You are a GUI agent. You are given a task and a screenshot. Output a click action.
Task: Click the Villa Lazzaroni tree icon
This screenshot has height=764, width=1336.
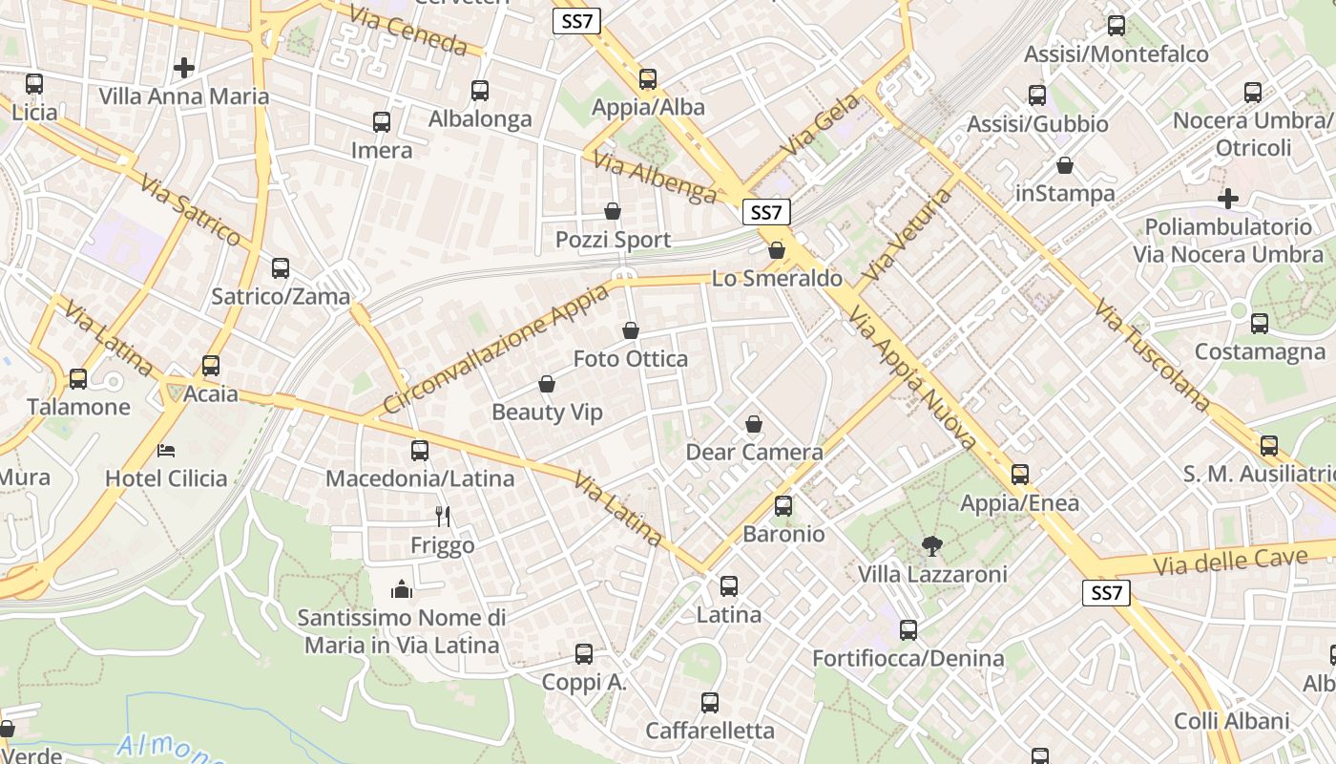click(931, 546)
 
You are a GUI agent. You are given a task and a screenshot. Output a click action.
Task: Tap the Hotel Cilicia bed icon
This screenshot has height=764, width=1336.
click(166, 449)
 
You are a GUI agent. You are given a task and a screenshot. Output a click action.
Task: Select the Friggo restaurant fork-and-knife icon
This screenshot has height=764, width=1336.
click(443, 517)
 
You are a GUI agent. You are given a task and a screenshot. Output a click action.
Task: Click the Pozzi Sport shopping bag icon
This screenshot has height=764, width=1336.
click(613, 211)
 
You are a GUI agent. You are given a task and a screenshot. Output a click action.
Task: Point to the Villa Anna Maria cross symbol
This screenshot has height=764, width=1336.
click(184, 68)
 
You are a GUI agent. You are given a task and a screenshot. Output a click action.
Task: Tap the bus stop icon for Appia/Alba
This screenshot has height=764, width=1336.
click(648, 78)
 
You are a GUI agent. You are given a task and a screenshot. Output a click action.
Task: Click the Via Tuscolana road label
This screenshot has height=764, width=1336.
click(1152, 353)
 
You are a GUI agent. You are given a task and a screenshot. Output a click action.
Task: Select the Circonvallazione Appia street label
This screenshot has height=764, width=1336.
click(495, 348)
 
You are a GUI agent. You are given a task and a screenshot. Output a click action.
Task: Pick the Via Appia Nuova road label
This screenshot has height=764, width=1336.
click(912, 378)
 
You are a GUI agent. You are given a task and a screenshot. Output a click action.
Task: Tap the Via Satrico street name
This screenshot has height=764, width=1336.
click(190, 210)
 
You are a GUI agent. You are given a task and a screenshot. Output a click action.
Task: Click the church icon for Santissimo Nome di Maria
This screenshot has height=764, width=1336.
click(402, 589)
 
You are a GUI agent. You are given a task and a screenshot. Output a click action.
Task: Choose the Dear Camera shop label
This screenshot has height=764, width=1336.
click(754, 452)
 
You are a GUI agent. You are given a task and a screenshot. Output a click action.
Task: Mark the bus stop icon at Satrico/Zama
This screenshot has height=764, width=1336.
click(280, 268)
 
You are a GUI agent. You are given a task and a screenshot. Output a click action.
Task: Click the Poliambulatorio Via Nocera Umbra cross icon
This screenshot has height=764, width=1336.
click(1228, 199)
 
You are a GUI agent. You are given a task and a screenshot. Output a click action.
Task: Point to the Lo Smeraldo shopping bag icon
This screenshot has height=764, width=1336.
click(777, 250)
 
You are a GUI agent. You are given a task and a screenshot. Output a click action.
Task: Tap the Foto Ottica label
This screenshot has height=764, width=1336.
click(630, 359)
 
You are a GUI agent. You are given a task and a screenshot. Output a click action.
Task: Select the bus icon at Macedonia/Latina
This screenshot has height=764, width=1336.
click(420, 450)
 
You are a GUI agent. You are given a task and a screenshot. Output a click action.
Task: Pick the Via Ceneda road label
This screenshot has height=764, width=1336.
click(407, 30)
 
